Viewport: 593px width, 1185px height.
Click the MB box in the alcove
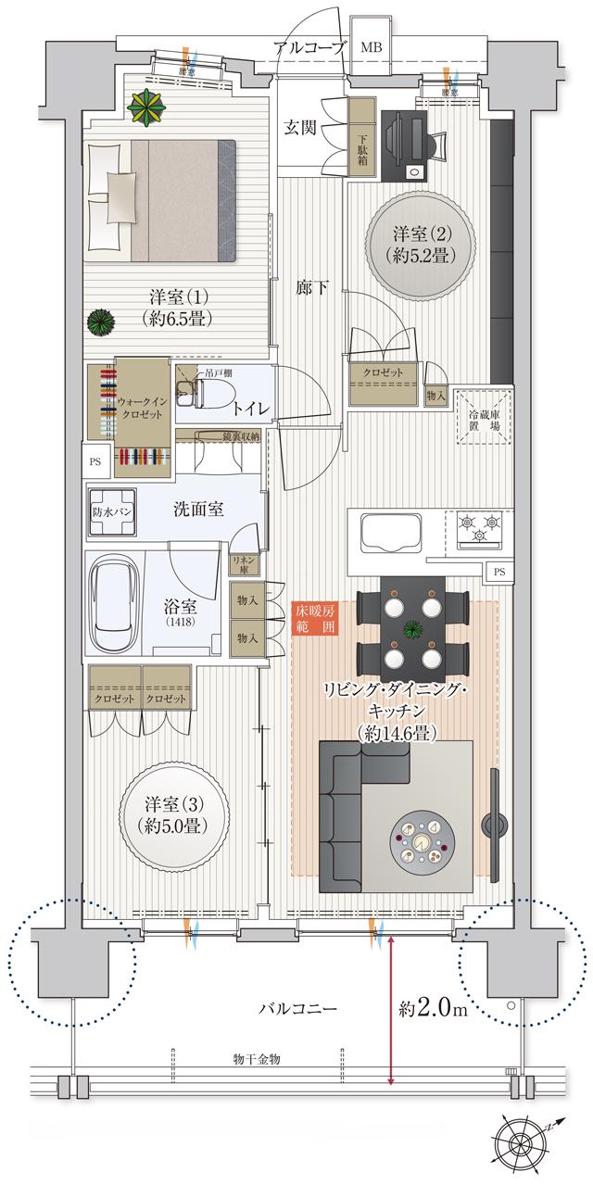pos(370,47)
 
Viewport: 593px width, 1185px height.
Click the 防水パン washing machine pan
pos(111,511)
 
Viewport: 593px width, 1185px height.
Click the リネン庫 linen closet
pos(246,563)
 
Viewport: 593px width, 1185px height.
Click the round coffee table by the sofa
pos(422,845)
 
